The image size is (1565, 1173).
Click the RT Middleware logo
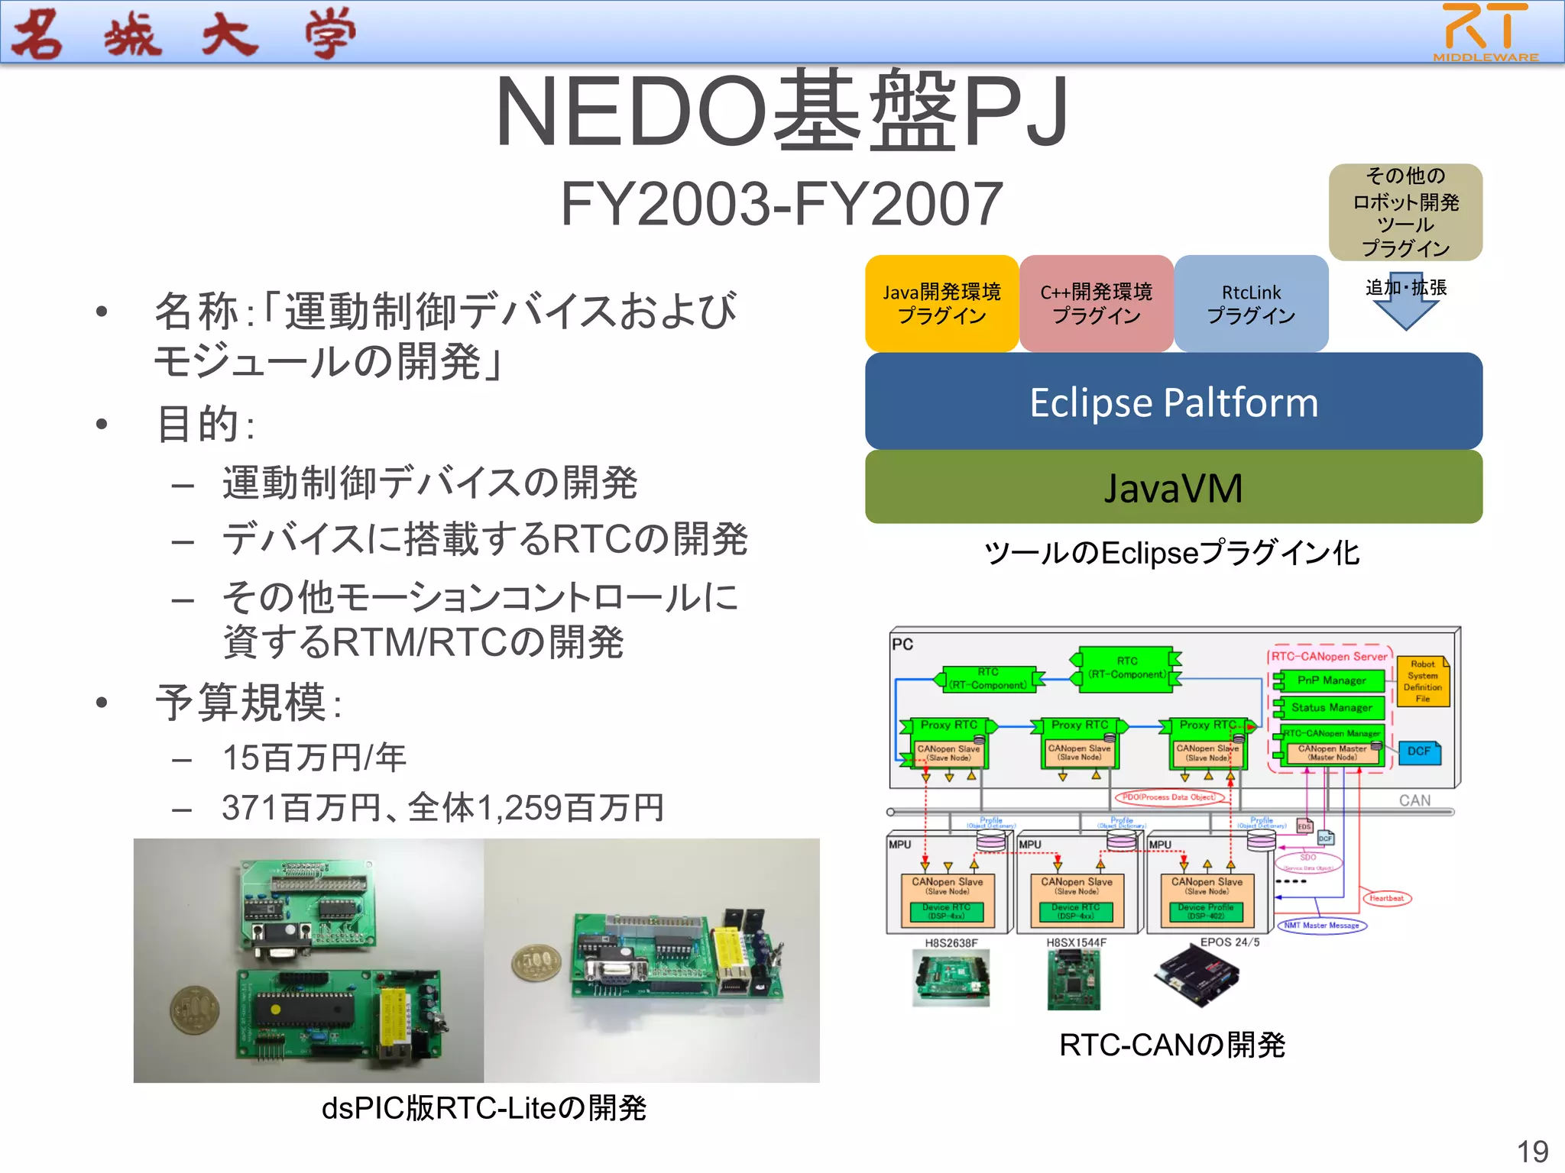(1486, 32)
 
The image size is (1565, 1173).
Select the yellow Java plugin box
(941, 304)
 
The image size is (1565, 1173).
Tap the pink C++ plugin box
(1096, 304)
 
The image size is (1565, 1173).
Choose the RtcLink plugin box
(1251, 304)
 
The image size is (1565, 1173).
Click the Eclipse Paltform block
(1174, 402)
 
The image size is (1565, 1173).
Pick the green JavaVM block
(1174, 487)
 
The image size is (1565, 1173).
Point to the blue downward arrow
(1405, 305)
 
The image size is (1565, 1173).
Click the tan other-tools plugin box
(1405, 212)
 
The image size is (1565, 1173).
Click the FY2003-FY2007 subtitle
(782, 204)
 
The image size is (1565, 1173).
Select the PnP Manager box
(1331, 680)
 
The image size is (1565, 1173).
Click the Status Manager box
(1331, 707)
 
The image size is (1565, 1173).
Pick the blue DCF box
(1419, 751)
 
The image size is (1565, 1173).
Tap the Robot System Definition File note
(1423, 681)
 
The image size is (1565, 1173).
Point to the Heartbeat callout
(1386, 898)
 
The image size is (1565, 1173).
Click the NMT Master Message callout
(1321, 926)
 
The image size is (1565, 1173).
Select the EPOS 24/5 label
(1230, 942)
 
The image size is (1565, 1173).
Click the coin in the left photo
(194, 1010)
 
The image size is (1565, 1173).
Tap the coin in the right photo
(536, 962)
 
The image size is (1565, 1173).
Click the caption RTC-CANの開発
(1172, 1045)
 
